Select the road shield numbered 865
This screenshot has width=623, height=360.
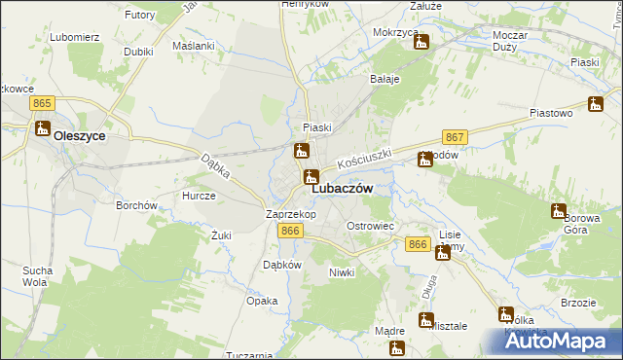click(41, 102)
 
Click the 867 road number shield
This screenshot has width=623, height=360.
click(455, 137)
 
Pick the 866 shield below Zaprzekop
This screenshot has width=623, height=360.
click(289, 231)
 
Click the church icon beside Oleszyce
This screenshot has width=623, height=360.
click(42, 127)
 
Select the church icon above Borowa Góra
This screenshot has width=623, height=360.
click(558, 210)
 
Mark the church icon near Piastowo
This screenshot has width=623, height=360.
click(596, 104)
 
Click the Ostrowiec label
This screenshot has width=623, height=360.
click(370, 226)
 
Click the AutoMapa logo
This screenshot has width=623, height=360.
click(559, 342)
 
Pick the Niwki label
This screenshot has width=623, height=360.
click(341, 272)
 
